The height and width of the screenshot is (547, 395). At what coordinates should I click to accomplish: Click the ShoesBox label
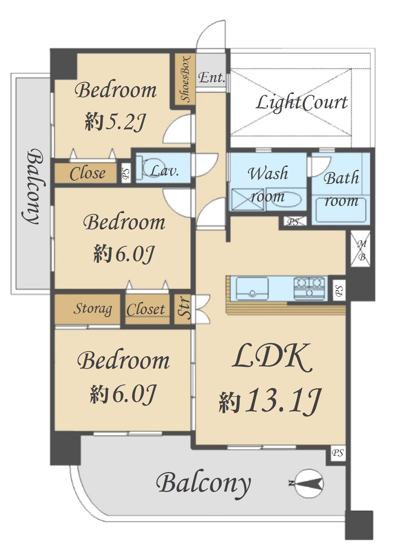point(185,79)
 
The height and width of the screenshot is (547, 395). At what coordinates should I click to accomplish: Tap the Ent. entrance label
point(211,78)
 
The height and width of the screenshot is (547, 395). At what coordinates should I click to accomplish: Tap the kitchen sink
point(252,289)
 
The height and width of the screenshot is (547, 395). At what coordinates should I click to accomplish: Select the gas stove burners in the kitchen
point(310,288)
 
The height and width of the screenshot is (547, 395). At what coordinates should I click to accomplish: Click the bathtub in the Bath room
point(341,210)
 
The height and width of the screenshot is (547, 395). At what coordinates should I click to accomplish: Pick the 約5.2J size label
point(115,122)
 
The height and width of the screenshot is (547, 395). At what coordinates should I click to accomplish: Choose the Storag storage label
point(93,309)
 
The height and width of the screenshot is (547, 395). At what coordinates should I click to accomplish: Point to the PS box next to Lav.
point(126,173)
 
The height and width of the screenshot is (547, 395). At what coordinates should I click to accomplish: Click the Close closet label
point(88,173)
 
